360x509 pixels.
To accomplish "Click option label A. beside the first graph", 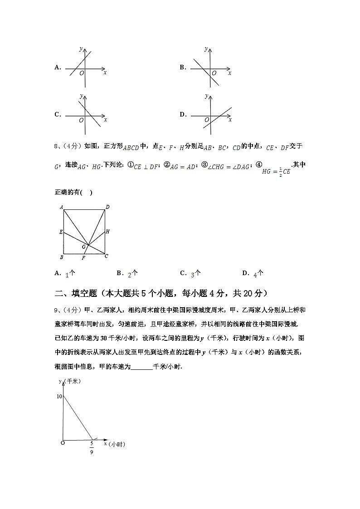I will (x=58, y=68).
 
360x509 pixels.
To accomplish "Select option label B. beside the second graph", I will (x=183, y=68).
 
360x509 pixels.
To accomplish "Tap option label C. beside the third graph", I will (x=58, y=115).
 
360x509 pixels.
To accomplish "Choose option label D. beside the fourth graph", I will (x=183, y=115).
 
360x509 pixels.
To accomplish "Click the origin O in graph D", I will (x=206, y=120).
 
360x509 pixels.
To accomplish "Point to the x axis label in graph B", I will (x=230, y=73).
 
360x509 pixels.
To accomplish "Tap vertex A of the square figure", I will (x=61, y=207).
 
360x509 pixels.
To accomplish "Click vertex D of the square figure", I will (x=107, y=207).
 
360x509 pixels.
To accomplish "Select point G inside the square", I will (x=83, y=247).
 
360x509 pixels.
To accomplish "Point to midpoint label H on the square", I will (x=107, y=232).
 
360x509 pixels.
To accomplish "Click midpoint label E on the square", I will (x=60, y=232).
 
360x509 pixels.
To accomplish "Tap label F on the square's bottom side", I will (x=83, y=258).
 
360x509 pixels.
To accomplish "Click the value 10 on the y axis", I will (x=59, y=396).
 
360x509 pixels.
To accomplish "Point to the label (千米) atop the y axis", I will (x=72, y=382).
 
